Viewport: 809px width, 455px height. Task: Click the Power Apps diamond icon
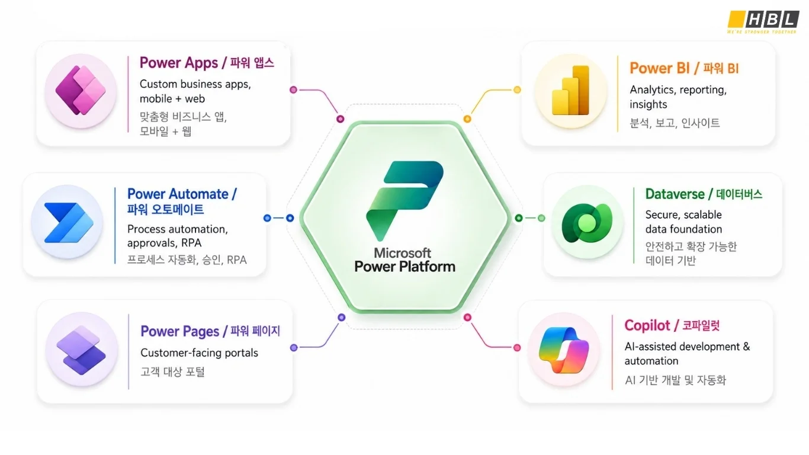click(81, 91)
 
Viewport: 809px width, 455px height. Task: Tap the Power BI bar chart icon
click(571, 91)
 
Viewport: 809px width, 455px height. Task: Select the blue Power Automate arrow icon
click(69, 222)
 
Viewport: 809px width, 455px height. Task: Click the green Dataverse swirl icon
click(587, 223)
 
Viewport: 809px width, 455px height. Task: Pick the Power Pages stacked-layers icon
click(81, 350)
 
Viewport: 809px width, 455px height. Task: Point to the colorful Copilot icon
click(564, 350)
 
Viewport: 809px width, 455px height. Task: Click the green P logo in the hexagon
click(405, 201)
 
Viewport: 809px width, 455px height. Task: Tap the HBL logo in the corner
click(763, 22)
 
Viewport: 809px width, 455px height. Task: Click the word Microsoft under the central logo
click(402, 253)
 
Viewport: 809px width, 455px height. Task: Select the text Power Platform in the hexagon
click(405, 267)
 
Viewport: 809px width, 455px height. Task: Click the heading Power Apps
click(179, 63)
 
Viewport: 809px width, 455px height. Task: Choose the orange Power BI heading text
click(660, 68)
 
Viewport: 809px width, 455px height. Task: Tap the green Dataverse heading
click(675, 194)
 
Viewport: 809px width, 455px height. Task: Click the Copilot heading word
click(647, 326)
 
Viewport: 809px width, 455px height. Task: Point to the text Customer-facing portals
click(200, 353)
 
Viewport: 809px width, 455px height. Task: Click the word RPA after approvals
click(191, 243)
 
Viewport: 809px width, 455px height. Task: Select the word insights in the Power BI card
click(649, 104)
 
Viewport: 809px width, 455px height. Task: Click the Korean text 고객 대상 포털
click(172, 371)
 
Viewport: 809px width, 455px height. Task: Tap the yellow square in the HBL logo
click(736, 19)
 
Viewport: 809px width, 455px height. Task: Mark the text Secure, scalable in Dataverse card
click(683, 214)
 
